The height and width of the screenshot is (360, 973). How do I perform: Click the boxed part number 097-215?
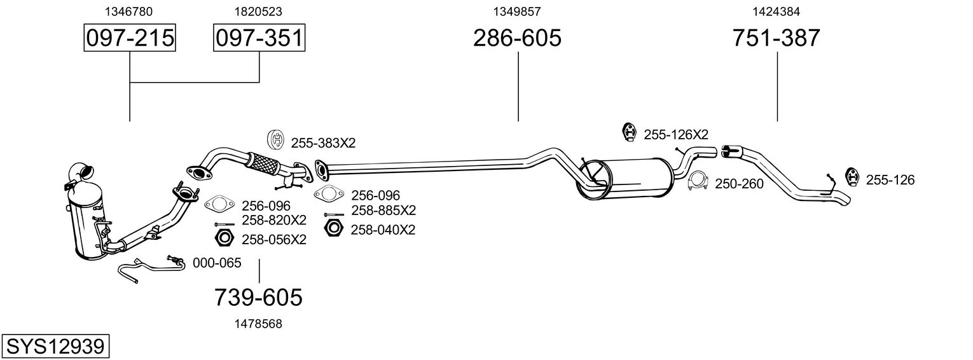pos(130,38)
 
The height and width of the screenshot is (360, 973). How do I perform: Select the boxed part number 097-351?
pos(259,38)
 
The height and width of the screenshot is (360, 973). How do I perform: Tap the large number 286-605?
pos(517,38)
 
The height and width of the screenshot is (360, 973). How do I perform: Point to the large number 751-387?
pos(776,38)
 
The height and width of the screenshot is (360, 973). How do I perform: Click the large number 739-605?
pos(258,297)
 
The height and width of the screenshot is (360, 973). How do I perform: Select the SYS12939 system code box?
pos(55,347)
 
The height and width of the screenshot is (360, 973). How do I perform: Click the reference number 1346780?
pos(130,11)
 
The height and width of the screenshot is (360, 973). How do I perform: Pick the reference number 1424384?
pos(776,11)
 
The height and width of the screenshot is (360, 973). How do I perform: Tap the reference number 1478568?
pos(258,324)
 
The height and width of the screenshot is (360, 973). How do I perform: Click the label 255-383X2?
pos(323,143)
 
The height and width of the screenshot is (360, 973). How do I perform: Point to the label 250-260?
pos(739,184)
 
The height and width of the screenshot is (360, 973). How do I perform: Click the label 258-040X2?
pos(383,230)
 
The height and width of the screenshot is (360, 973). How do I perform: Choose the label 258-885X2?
pos(383,210)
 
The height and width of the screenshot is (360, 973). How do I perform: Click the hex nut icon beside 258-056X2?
pos(223,239)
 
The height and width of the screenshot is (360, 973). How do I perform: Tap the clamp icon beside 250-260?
pos(699,182)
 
